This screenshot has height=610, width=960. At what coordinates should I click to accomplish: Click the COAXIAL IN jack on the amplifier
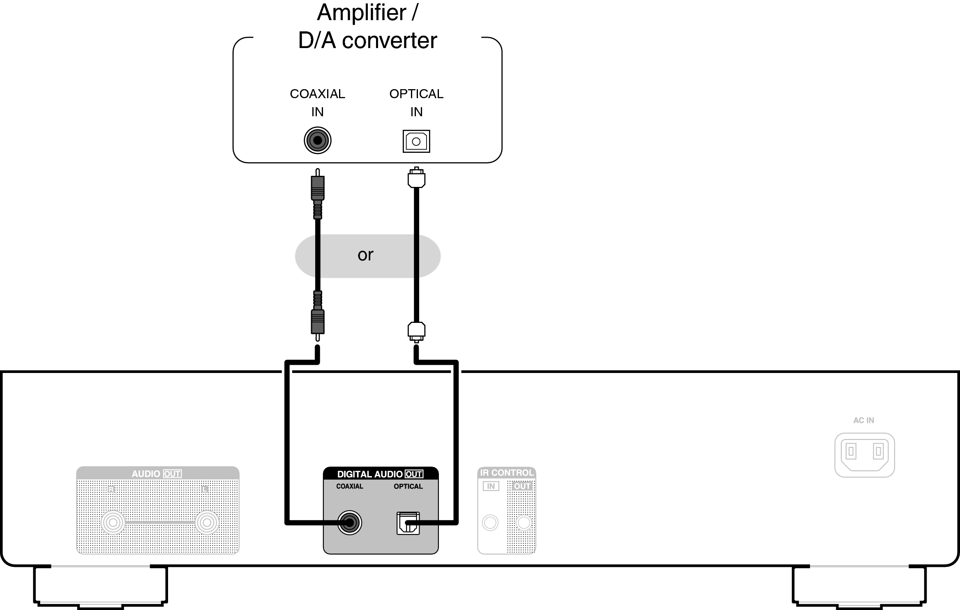coord(317,140)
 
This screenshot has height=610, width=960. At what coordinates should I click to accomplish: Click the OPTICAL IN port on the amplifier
coord(416,141)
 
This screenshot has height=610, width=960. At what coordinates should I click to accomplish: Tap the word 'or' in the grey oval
coord(365,255)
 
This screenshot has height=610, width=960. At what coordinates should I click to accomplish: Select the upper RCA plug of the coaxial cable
coord(317,188)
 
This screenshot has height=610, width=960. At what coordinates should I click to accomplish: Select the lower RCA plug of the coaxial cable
coord(317,322)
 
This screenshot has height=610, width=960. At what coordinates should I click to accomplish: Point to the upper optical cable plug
coord(416,178)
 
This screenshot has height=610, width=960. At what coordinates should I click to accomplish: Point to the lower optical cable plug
coord(416,331)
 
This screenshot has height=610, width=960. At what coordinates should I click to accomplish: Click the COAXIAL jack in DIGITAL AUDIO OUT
coord(349,523)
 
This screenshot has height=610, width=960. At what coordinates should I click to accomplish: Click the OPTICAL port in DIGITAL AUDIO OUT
coord(408,523)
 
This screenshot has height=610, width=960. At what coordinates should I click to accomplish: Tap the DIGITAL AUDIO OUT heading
coord(380,474)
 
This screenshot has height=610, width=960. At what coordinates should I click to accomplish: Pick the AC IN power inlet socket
coord(865,455)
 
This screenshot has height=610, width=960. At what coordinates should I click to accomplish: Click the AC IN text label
coord(863,420)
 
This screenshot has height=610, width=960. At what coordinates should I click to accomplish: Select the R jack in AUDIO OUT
coord(113,523)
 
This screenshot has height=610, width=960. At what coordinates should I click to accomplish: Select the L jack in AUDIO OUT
coord(207,523)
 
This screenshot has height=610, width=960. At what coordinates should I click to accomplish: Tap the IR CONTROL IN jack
coord(490,523)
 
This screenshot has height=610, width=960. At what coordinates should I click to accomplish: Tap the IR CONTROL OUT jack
coord(524,523)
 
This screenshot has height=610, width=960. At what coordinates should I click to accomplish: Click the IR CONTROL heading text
coord(506,473)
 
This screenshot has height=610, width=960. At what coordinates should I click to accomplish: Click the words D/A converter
coord(367,40)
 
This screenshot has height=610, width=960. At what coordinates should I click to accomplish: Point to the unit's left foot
coord(100,585)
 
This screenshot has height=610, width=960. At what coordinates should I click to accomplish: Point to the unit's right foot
coord(859,585)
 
